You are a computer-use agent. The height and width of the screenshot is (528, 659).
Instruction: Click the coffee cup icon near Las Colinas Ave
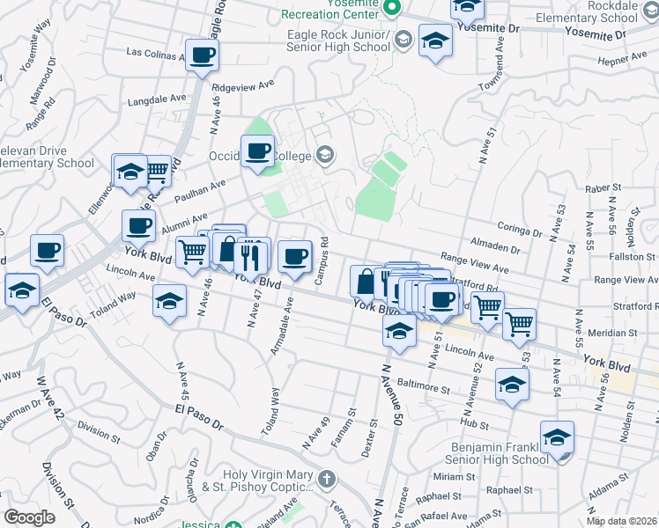(x=202, y=55)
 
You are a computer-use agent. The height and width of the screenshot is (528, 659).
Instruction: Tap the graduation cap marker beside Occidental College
(x=325, y=156)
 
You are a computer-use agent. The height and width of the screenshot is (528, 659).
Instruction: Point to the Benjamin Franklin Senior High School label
(x=483, y=453)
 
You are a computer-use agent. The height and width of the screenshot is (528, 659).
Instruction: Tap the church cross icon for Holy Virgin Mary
(x=327, y=480)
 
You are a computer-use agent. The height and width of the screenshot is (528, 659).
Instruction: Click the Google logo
(x=29, y=517)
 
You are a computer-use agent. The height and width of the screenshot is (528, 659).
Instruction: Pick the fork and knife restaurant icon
(x=252, y=255)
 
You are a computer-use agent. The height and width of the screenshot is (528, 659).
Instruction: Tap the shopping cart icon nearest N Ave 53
(x=519, y=323)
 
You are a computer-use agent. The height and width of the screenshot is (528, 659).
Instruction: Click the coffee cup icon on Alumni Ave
(x=138, y=226)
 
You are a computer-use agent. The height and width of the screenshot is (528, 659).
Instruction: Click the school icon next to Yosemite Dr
(x=434, y=40)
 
